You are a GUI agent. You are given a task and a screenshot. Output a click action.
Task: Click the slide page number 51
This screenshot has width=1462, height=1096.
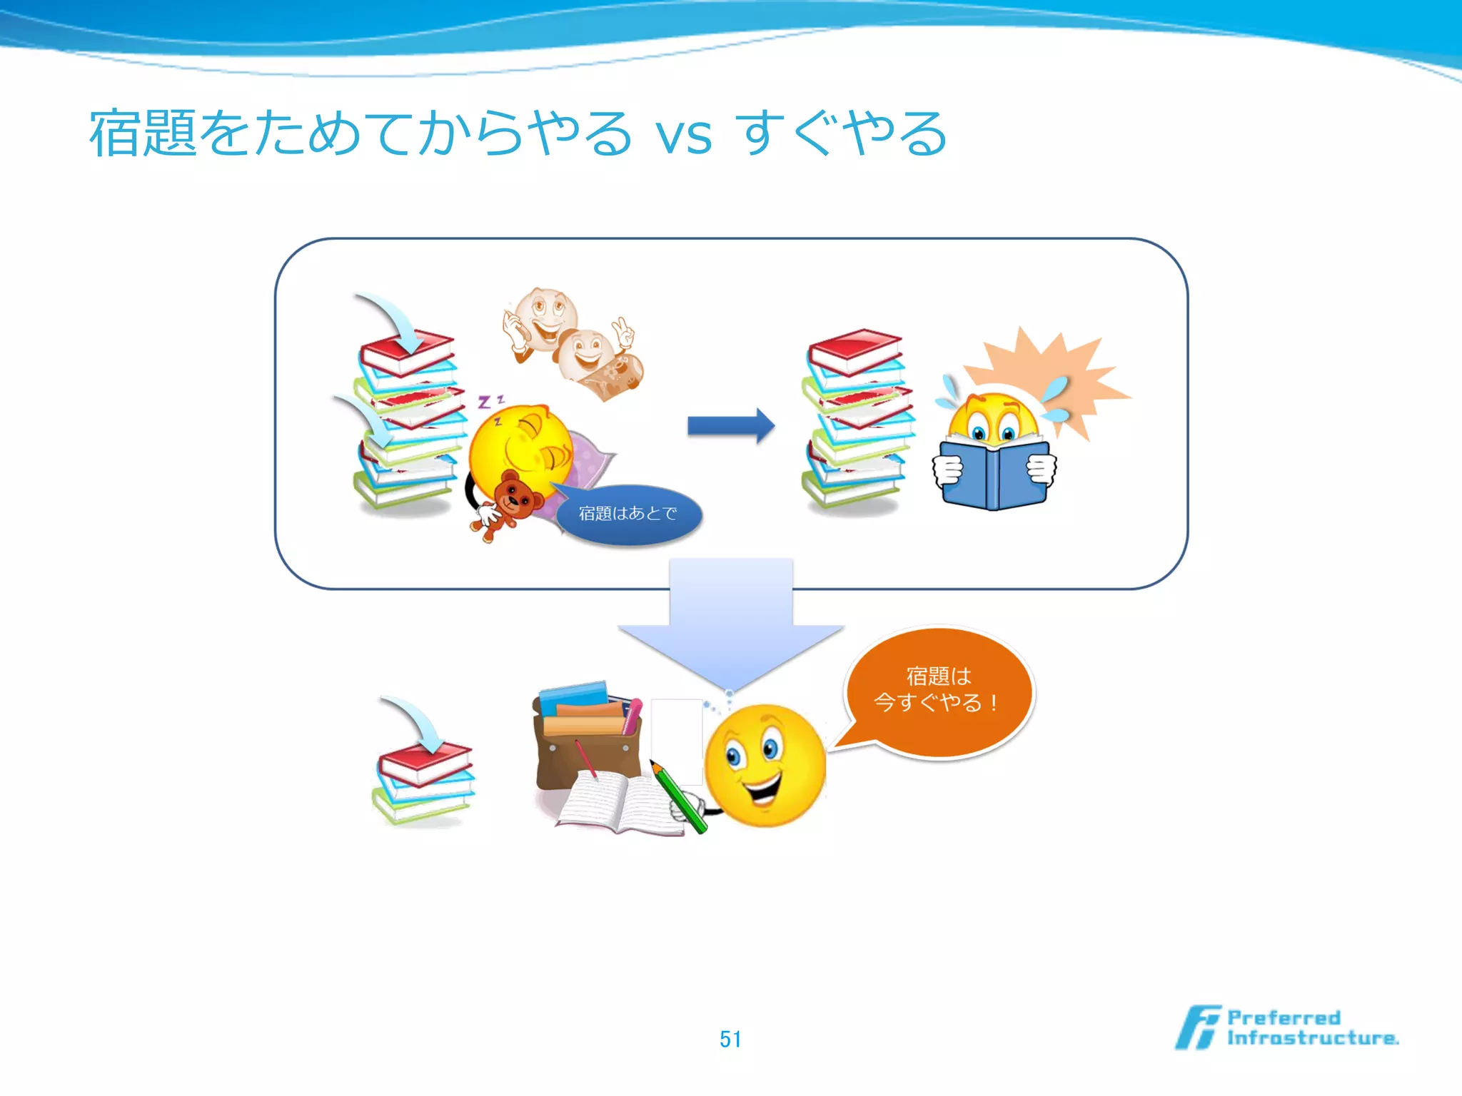730,1039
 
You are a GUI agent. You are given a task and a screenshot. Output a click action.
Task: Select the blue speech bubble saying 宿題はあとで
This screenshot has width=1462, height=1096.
628,514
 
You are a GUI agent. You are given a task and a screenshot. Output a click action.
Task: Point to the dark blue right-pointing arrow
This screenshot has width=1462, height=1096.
730,426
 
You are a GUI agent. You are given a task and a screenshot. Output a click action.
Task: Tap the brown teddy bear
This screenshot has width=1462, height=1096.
510,499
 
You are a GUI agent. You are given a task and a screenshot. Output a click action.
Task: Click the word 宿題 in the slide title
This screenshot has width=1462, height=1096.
143,135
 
